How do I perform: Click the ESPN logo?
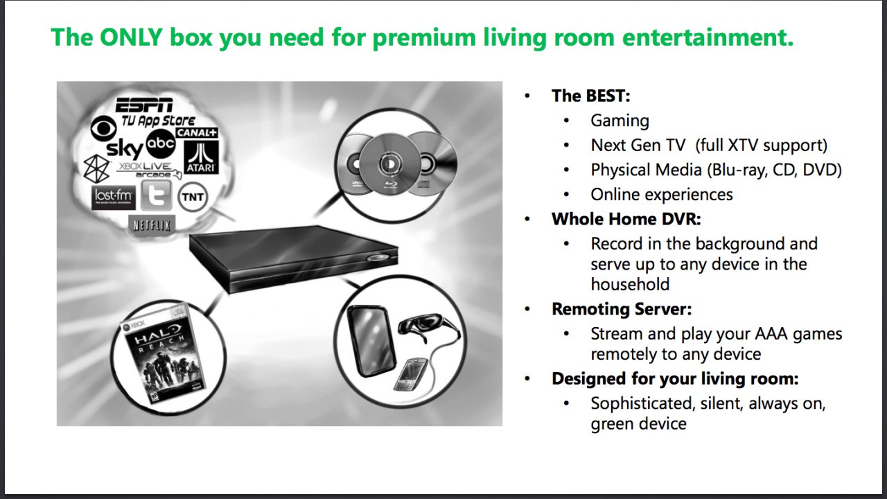click(x=144, y=105)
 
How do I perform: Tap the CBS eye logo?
click(x=103, y=128)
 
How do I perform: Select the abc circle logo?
click(x=161, y=143)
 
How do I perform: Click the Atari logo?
click(x=201, y=157)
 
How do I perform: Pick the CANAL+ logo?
click(x=197, y=132)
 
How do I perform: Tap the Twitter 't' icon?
click(x=157, y=195)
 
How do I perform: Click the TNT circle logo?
click(x=193, y=197)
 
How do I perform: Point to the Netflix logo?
click(x=152, y=225)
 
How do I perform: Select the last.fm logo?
click(x=114, y=198)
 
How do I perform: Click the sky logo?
click(x=125, y=148)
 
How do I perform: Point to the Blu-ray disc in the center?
click(x=390, y=164)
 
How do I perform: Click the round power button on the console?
click(x=378, y=258)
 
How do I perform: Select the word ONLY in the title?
click(x=132, y=37)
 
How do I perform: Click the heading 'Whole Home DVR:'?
click(x=626, y=219)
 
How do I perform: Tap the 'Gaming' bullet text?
click(x=620, y=121)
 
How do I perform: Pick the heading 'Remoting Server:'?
click(x=622, y=309)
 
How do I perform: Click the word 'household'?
click(x=630, y=284)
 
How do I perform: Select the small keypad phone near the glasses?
click(x=410, y=374)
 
